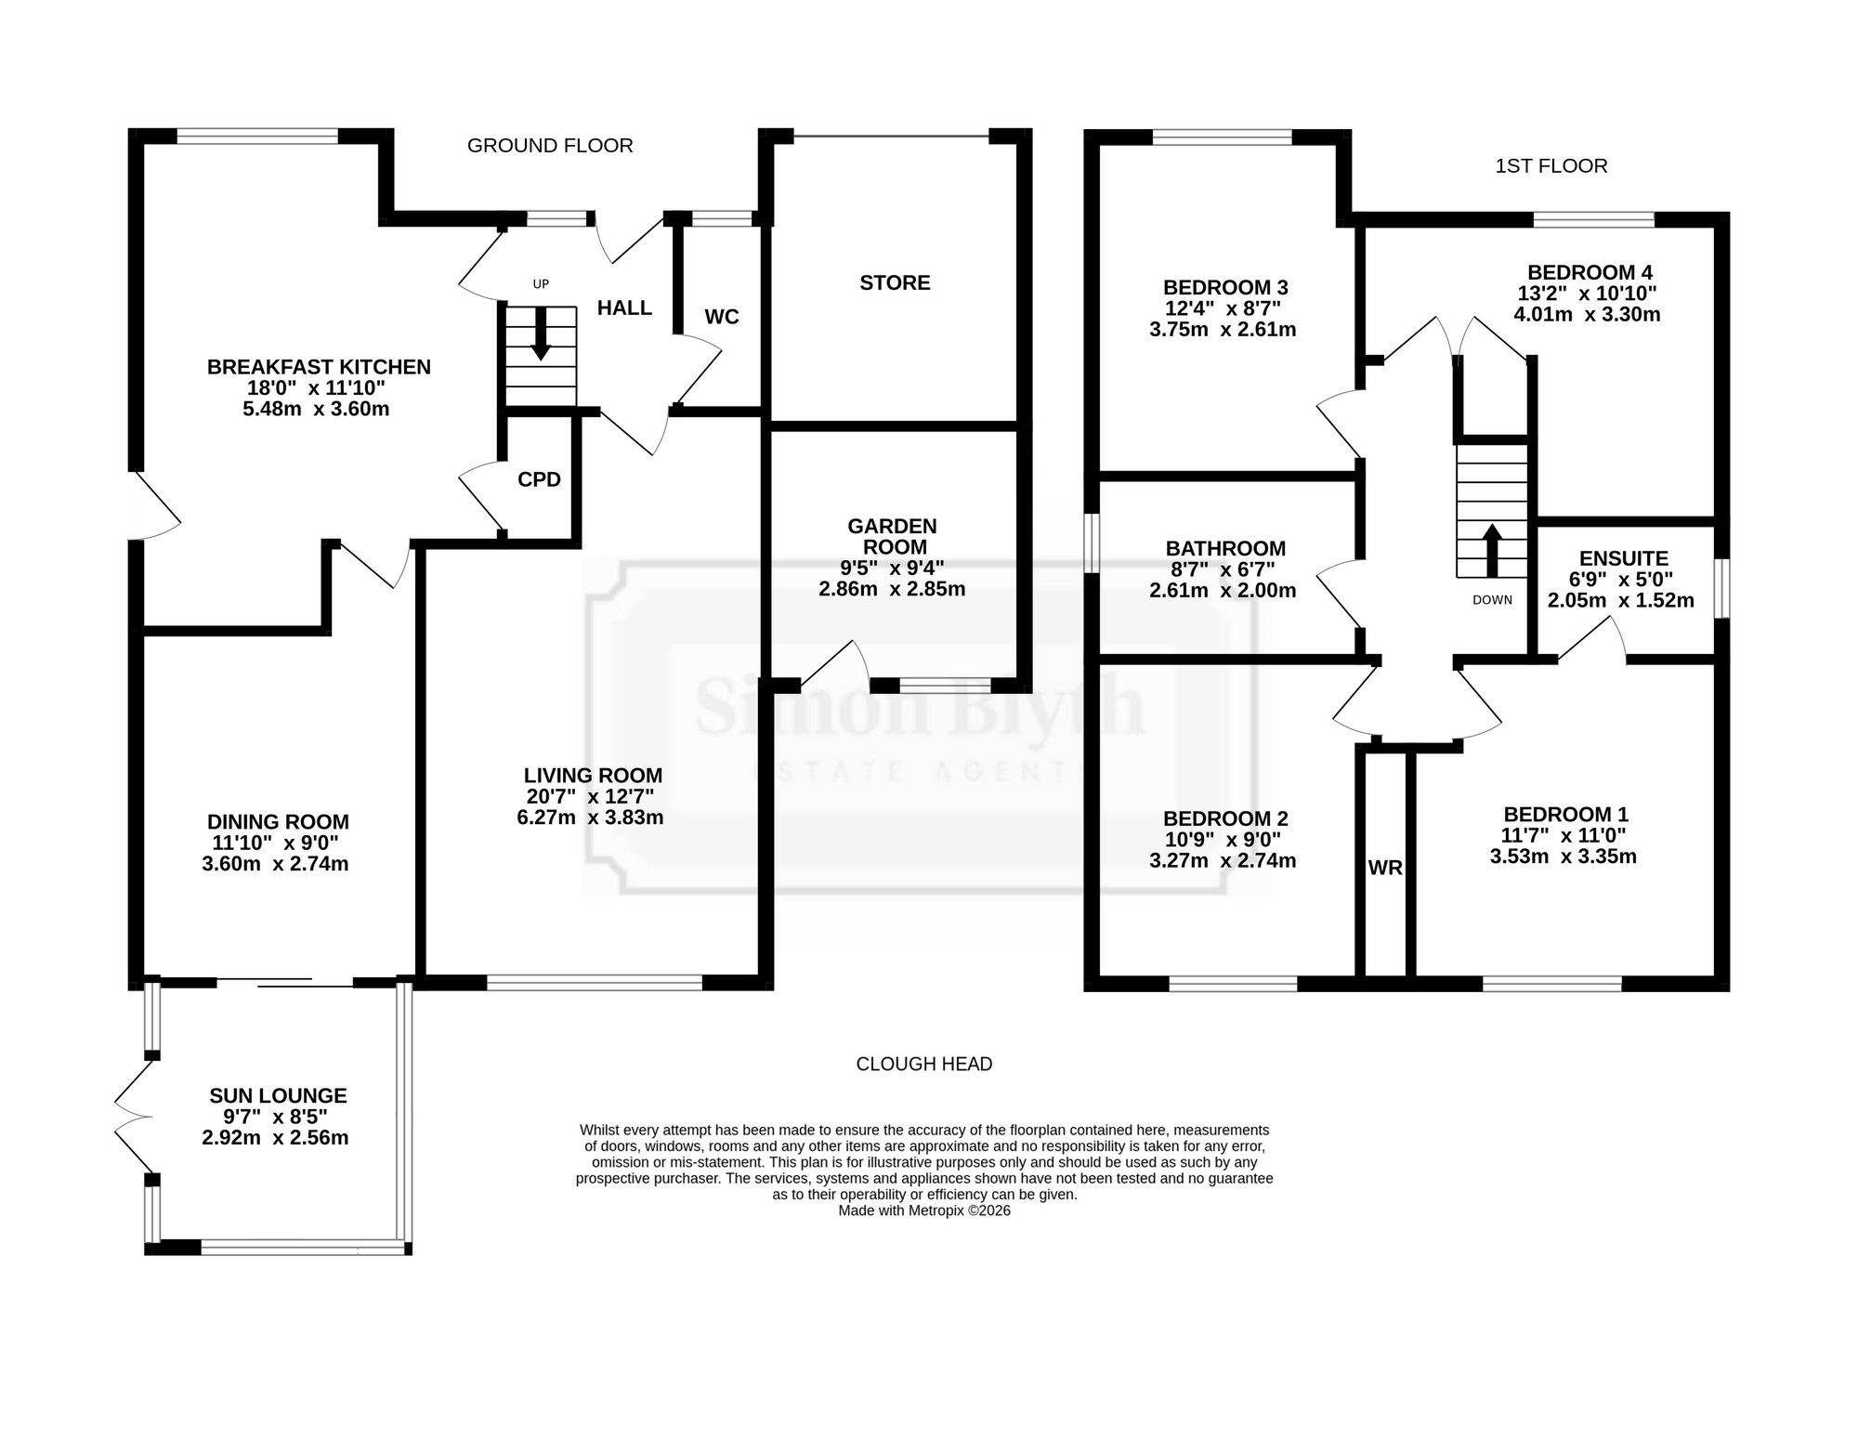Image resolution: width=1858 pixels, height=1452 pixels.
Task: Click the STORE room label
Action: pyautogui.click(x=895, y=282)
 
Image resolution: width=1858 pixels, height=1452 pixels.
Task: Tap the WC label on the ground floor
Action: pyautogui.click(x=722, y=317)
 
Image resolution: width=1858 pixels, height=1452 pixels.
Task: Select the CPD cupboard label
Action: pyautogui.click(x=539, y=479)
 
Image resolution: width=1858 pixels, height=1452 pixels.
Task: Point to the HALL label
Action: pyautogui.click(x=624, y=307)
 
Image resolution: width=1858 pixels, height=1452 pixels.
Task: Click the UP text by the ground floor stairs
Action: pyautogui.click(x=541, y=285)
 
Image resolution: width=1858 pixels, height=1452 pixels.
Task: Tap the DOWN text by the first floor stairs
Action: pyautogui.click(x=1492, y=600)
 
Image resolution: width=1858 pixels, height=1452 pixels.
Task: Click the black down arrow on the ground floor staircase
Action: pyautogui.click(x=541, y=333)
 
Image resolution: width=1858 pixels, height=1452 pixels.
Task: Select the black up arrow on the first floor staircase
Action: pyautogui.click(x=1492, y=552)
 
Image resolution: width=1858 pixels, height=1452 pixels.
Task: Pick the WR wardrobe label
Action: pyautogui.click(x=1385, y=869)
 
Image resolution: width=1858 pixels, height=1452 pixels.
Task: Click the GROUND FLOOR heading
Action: pyautogui.click(x=550, y=146)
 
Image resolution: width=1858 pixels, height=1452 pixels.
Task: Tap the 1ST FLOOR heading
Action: pyautogui.click(x=1551, y=166)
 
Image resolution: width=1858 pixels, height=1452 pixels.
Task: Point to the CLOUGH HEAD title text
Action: pyautogui.click(x=924, y=1064)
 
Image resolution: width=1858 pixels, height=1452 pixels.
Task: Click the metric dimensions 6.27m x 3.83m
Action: pyautogui.click(x=590, y=818)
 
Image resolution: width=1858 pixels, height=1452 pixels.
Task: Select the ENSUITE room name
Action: pyautogui.click(x=1624, y=558)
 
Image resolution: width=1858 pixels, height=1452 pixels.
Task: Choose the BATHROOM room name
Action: pyautogui.click(x=1225, y=548)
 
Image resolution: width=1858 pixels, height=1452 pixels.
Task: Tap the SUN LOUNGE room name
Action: pyautogui.click(x=278, y=1096)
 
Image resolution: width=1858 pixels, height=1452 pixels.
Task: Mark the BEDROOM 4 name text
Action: pyautogui.click(x=1590, y=272)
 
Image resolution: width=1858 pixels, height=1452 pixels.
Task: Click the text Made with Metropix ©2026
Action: pyautogui.click(x=924, y=1211)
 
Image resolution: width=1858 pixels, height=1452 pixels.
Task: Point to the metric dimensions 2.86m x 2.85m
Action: pyautogui.click(x=892, y=589)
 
